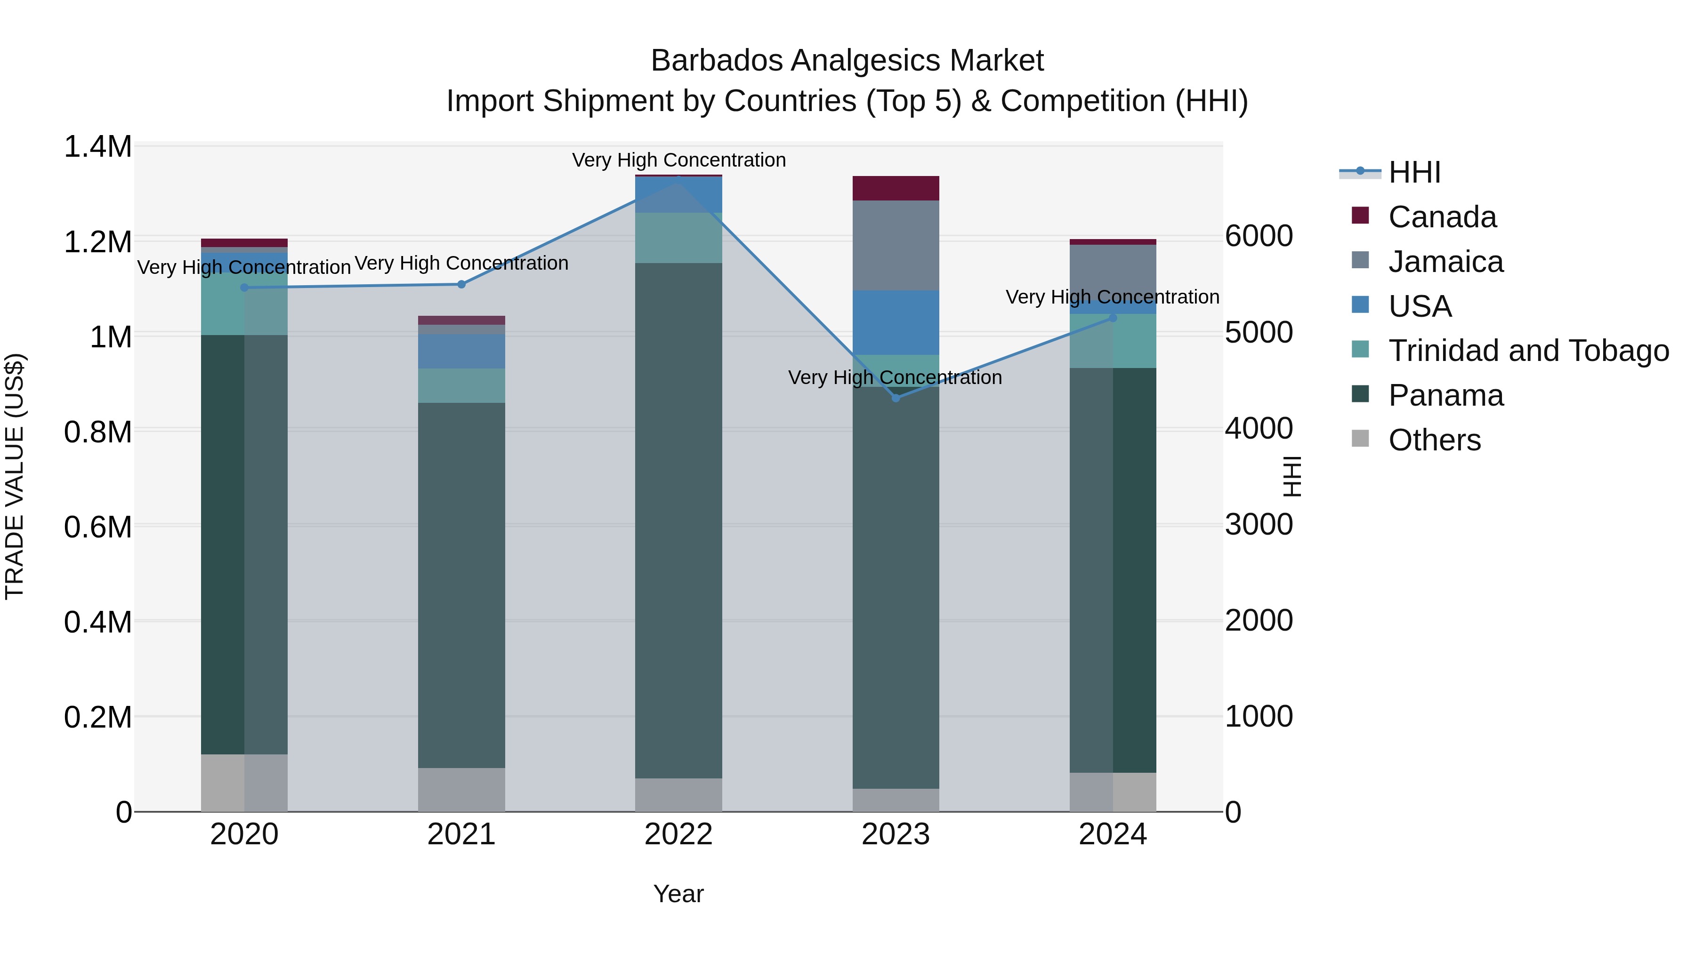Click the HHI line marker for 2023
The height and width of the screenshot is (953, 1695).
(896, 398)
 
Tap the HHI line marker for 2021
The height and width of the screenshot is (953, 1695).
(461, 284)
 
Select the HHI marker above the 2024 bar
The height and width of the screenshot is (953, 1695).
(1113, 318)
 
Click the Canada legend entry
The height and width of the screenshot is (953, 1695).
(1442, 217)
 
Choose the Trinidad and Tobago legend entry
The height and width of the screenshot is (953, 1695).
(1528, 351)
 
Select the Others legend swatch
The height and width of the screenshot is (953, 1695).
(1360, 439)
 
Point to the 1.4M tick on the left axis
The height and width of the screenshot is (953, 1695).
(97, 147)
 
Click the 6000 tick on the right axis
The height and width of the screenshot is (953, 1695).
(1259, 236)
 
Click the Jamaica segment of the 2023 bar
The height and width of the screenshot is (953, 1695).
(896, 245)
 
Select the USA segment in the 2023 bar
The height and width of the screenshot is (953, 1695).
(896, 322)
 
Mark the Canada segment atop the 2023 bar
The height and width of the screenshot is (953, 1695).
(896, 188)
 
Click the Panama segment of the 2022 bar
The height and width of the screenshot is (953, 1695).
(678, 520)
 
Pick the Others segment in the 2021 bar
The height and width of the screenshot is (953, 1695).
(461, 789)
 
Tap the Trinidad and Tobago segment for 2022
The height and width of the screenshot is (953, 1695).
(678, 238)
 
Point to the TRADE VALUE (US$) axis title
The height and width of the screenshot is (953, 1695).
(15, 477)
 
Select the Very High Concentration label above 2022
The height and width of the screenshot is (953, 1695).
(678, 160)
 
